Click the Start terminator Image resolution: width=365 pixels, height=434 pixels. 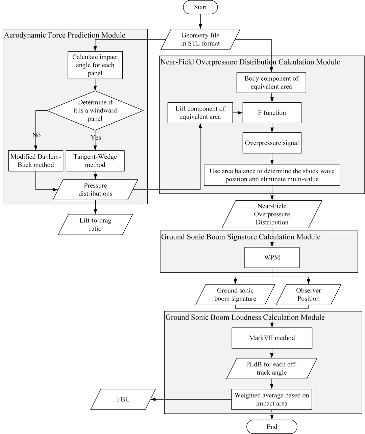[200, 7]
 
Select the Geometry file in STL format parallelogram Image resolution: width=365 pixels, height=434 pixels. [201, 39]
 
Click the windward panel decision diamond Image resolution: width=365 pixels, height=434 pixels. [95, 110]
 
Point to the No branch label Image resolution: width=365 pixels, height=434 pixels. [36, 135]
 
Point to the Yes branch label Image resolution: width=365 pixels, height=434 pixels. [96, 137]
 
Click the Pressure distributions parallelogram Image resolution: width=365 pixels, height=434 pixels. [95, 189]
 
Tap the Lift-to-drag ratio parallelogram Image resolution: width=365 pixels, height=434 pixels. [95, 225]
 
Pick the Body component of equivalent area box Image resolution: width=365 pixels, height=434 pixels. [272, 82]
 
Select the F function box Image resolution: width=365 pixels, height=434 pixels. [272, 113]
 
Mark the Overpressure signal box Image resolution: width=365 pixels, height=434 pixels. [272, 143]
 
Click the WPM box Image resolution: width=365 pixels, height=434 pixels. [272, 258]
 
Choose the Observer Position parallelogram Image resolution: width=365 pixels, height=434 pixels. [308, 295]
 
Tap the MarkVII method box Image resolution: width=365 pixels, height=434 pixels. [272, 338]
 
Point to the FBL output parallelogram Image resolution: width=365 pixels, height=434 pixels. [123, 400]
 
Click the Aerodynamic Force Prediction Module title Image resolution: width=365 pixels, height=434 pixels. [65, 35]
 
